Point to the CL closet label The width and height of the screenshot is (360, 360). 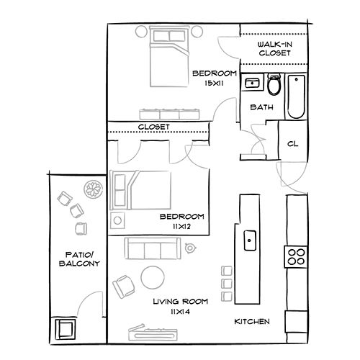[292, 143]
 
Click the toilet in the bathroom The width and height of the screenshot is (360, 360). [274, 86]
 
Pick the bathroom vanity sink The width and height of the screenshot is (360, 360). [253, 84]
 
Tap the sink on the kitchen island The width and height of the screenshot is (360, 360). [250, 237]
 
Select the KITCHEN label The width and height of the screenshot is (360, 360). [252, 321]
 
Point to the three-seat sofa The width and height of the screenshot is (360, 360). [153, 249]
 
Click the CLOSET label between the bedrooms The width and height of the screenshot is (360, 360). [153, 127]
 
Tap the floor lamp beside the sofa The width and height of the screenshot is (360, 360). [191, 248]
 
